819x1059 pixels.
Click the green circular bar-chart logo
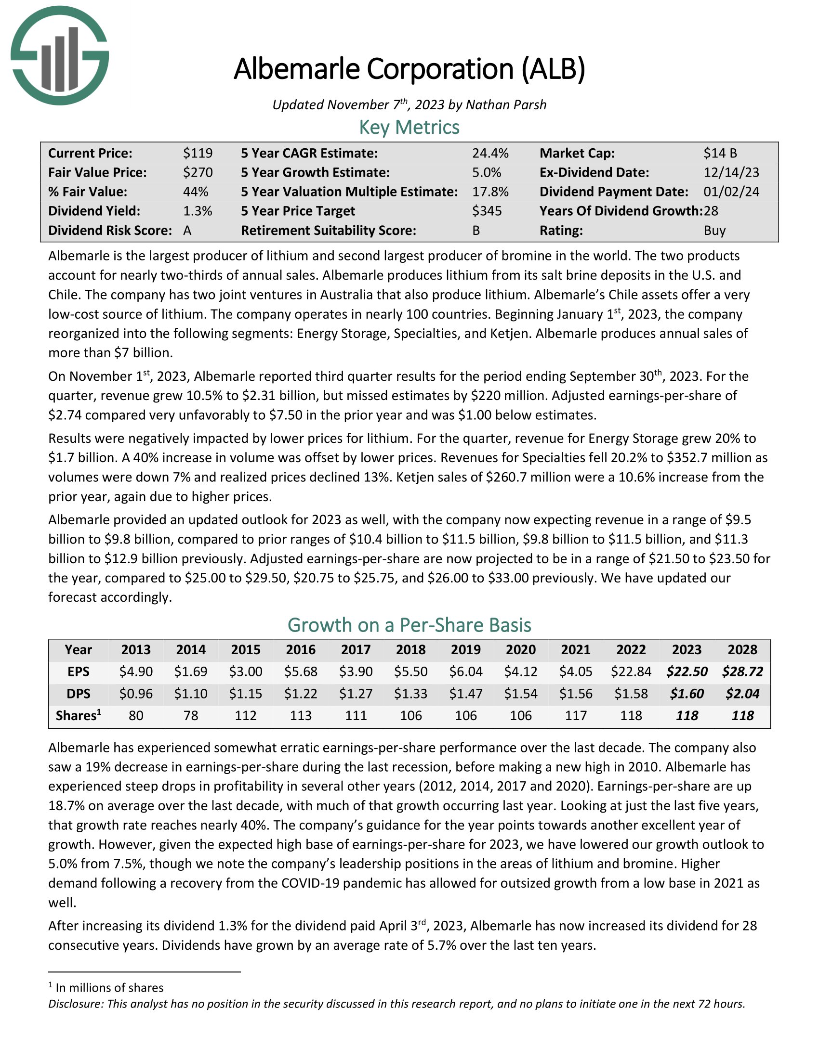(59, 56)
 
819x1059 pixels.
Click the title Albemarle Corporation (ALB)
(409, 69)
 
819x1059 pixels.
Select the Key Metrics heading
(409, 127)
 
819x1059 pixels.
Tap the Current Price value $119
(198, 153)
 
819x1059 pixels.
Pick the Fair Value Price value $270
(198, 173)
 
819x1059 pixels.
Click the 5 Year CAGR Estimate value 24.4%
(490, 153)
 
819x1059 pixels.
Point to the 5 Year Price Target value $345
(487, 211)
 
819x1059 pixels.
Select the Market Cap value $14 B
(720, 153)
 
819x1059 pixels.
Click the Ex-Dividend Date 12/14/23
(731, 173)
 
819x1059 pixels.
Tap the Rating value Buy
(714, 230)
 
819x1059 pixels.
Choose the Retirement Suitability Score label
(329, 230)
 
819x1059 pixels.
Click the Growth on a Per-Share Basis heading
(409, 625)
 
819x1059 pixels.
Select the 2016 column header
(300, 650)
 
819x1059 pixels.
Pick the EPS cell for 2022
(631, 672)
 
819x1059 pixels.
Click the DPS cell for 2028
(742, 694)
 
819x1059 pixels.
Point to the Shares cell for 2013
(136, 716)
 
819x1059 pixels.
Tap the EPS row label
(78, 672)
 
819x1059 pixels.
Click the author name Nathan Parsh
(505, 105)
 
